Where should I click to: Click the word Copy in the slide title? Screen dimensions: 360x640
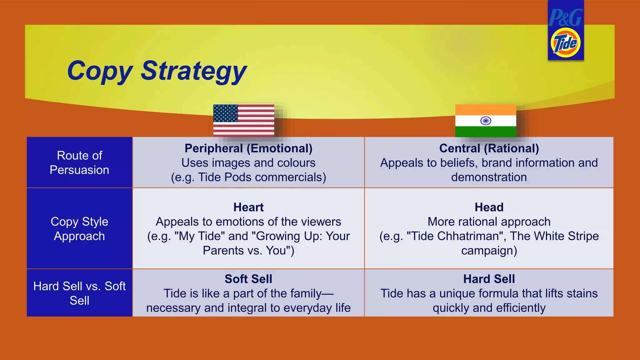point(99,71)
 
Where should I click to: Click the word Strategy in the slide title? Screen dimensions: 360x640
point(194,71)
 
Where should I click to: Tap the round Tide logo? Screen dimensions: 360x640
point(565,43)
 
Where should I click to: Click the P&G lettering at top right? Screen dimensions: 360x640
point(565,17)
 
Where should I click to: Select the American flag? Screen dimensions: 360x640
point(244,120)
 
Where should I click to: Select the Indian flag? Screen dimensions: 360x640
point(485,121)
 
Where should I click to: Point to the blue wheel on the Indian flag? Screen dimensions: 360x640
point(485,121)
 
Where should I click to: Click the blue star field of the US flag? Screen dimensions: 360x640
point(226,113)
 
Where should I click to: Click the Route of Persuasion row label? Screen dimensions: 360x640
point(79,162)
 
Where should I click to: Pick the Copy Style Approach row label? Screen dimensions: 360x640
point(79,229)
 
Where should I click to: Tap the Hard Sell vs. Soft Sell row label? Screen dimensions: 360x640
point(79,293)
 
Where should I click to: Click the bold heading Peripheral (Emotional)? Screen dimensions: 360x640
point(248,148)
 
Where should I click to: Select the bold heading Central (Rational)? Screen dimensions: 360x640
point(489,148)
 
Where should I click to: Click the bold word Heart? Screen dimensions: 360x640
point(248,207)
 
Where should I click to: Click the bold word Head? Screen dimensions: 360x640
point(489,207)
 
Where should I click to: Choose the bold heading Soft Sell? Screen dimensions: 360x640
point(248,279)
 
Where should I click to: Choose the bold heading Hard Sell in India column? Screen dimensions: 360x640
point(489,279)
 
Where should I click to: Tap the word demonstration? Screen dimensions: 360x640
point(489,177)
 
